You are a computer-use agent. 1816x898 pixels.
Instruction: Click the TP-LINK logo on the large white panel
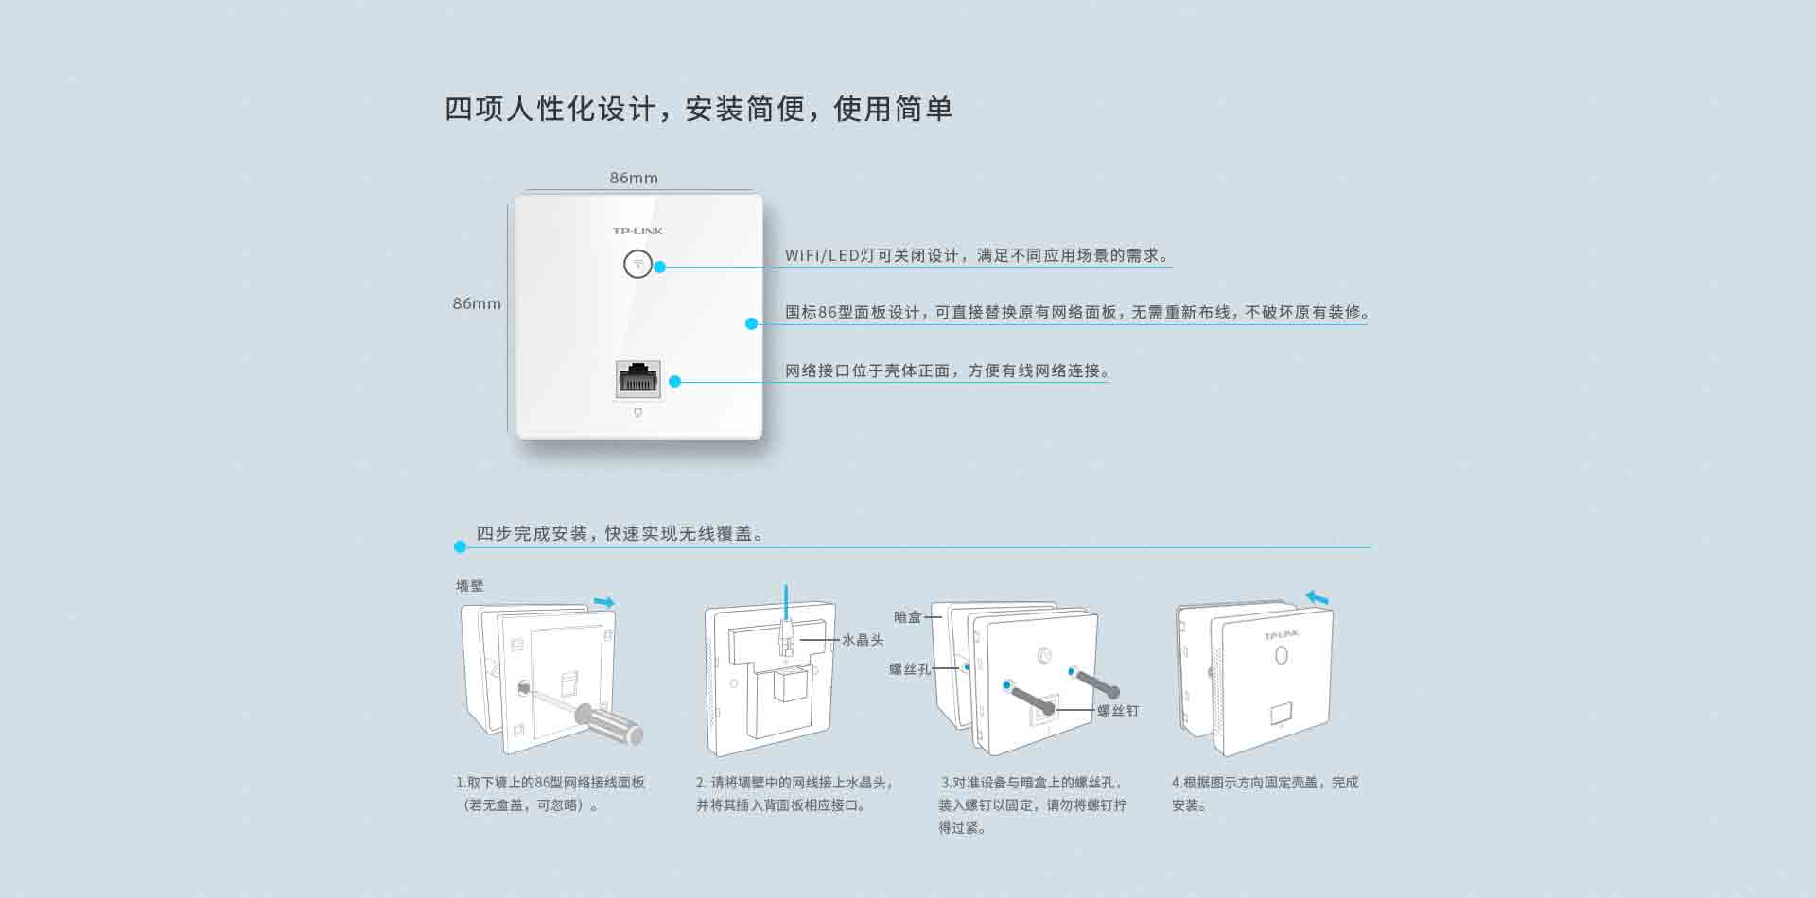click(x=637, y=231)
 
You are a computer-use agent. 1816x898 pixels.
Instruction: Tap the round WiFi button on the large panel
click(x=638, y=264)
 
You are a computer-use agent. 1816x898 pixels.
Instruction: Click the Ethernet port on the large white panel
click(x=638, y=378)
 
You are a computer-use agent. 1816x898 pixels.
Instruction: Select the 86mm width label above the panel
click(x=634, y=178)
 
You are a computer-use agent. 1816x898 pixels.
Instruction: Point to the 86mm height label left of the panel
click(x=477, y=303)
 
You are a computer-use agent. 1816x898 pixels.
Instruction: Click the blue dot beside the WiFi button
click(x=660, y=267)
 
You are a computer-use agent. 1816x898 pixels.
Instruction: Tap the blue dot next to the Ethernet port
click(x=674, y=381)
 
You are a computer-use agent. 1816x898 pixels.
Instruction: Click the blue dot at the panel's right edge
click(x=751, y=323)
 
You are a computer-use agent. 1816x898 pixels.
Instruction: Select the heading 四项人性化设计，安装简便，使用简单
click(x=698, y=109)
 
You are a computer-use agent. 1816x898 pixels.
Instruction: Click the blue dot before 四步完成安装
click(x=460, y=546)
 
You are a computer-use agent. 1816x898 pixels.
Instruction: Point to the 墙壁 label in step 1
click(x=469, y=586)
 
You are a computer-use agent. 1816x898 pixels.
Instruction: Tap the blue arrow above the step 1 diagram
click(x=604, y=602)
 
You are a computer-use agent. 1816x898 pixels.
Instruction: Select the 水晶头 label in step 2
click(x=863, y=640)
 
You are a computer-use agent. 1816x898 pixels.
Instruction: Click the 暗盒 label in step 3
click(x=907, y=617)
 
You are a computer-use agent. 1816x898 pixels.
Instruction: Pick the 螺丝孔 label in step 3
click(x=910, y=669)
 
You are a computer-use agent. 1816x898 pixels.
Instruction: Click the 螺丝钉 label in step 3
click(x=1118, y=711)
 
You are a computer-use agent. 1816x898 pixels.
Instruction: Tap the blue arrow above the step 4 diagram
click(x=1317, y=597)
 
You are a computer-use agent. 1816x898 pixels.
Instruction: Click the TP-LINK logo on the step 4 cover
click(x=1282, y=635)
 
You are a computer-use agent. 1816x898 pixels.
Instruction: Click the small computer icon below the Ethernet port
click(x=638, y=413)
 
